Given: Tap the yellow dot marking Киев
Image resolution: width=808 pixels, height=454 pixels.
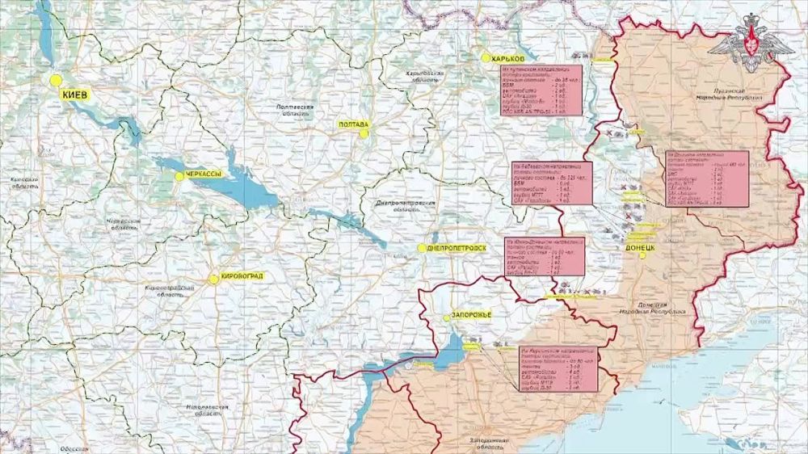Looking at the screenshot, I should [56, 81].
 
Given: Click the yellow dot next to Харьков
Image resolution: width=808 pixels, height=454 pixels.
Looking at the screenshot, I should [486, 58].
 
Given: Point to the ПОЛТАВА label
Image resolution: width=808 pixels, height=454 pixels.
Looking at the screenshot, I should [353, 124].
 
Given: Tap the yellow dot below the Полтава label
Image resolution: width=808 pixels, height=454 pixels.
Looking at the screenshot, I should [364, 134].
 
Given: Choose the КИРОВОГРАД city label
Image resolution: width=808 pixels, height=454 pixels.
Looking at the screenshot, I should [242, 277].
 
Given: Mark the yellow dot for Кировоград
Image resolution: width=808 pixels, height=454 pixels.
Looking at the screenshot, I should [213, 280].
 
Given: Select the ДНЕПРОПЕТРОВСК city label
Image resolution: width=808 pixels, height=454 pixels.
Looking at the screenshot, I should [457, 247].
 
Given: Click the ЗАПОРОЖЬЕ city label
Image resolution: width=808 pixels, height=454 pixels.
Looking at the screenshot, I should [472, 314].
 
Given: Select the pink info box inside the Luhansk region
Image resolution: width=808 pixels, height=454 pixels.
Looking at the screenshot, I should [707, 178].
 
